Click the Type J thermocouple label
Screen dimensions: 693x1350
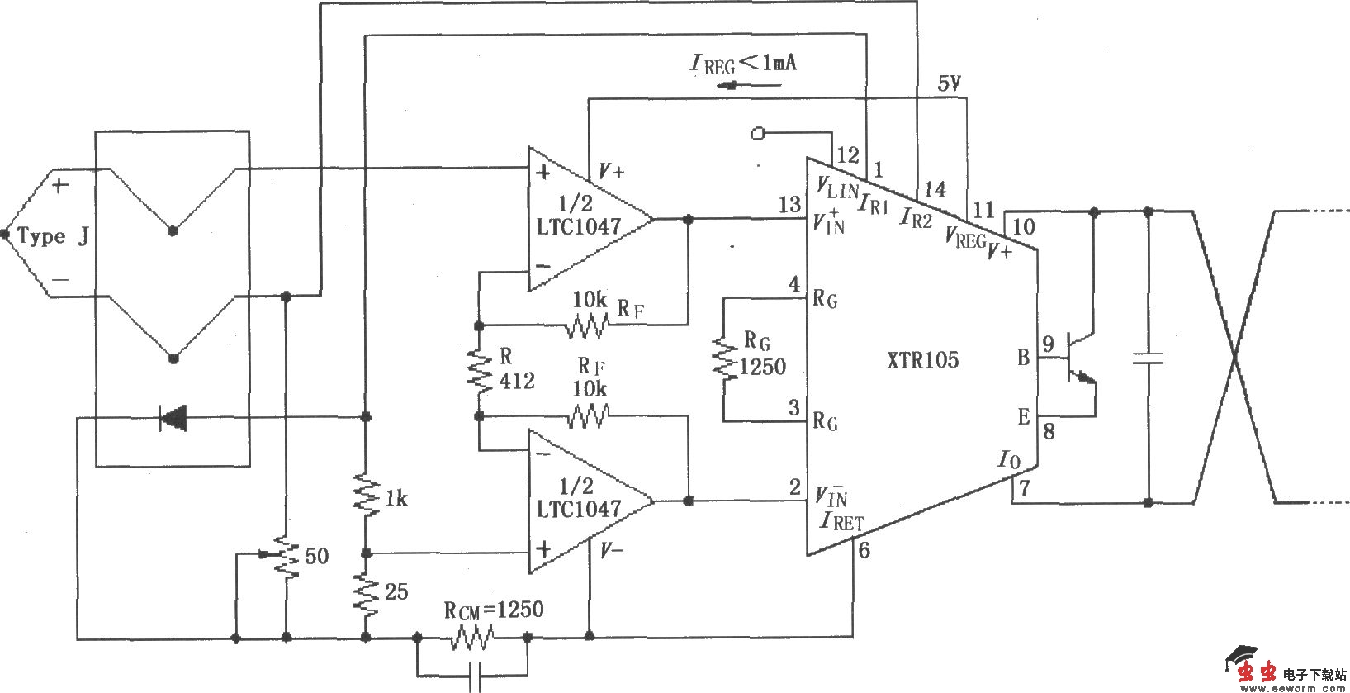pos(52,237)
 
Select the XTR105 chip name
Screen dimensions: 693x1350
pos(922,360)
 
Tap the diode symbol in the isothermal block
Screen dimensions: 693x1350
pos(173,418)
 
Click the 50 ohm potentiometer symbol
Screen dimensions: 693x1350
pos(286,556)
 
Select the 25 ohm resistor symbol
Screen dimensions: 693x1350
pos(366,594)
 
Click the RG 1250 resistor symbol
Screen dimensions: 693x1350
pos(724,358)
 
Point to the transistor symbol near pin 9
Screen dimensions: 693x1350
pos(1078,358)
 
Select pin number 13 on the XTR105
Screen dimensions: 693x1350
pos(789,204)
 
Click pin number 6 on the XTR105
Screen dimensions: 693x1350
pos(864,550)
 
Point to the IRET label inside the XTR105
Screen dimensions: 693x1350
pos(842,521)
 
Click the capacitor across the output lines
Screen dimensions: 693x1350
pos(1148,358)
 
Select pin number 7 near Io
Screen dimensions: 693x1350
pos(1024,488)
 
